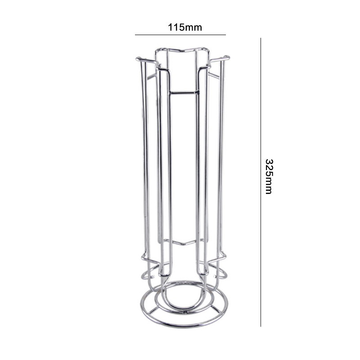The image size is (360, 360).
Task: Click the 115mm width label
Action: pos(185,27)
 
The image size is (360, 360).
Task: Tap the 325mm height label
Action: pos(269,176)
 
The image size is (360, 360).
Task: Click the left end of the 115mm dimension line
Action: pos(135,35)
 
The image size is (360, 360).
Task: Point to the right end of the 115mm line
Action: pos(226,35)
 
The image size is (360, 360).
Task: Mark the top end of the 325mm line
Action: pos(261,38)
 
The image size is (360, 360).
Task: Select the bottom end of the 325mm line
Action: pos(261,326)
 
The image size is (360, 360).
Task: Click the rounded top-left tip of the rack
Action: pos(138,59)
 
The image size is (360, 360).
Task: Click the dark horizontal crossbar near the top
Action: pos(184,93)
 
